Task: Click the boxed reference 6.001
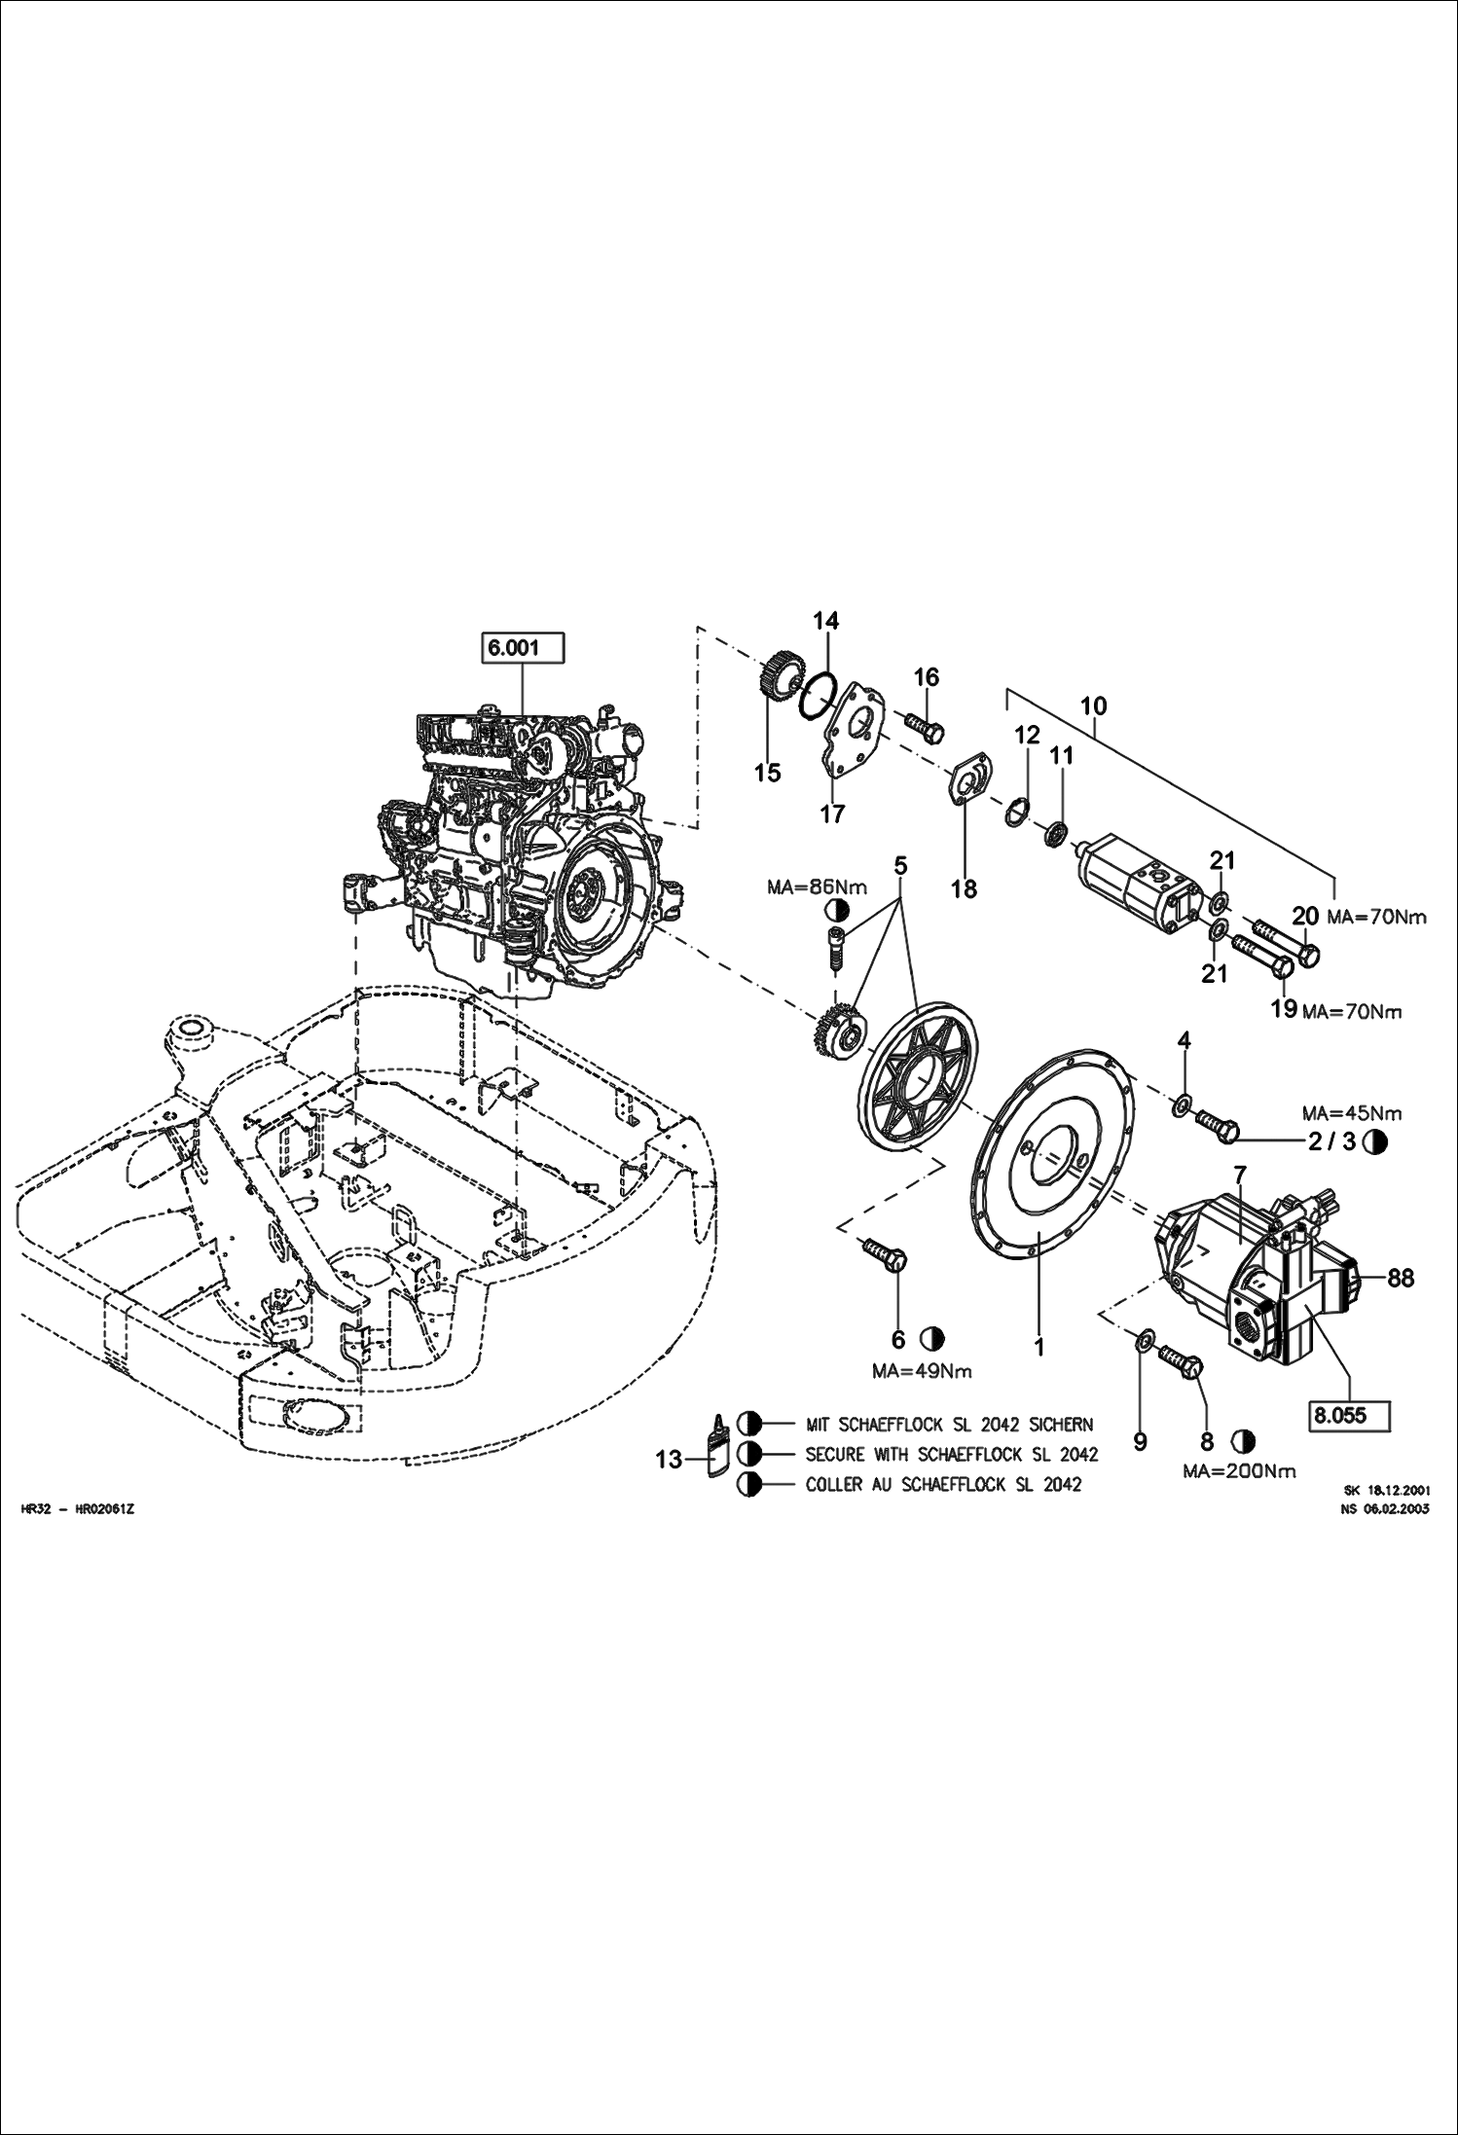(524, 648)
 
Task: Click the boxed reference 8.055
(1349, 1415)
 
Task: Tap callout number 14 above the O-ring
(825, 621)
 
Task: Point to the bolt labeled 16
(923, 725)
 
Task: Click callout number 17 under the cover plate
(832, 814)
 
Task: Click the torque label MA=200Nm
(1239, 1471)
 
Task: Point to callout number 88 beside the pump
(1400, 1278)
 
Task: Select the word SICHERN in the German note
(1060, 1425)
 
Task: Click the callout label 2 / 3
(1331, 1142)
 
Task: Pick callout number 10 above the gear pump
(1093, 705)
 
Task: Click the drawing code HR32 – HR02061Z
(77, 1509)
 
